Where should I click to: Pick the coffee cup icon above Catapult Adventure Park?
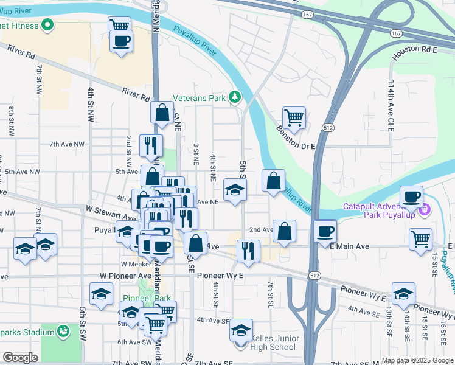412,196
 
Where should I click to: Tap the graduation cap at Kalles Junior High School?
241,330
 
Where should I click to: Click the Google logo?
20,358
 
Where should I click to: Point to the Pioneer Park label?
147,298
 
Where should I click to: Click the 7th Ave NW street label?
67,144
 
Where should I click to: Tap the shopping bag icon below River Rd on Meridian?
162,113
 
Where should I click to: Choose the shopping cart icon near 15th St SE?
420,239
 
